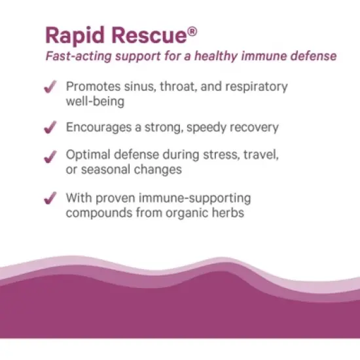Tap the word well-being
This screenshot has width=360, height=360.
(95, 101)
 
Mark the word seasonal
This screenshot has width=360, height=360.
(105, 171)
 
